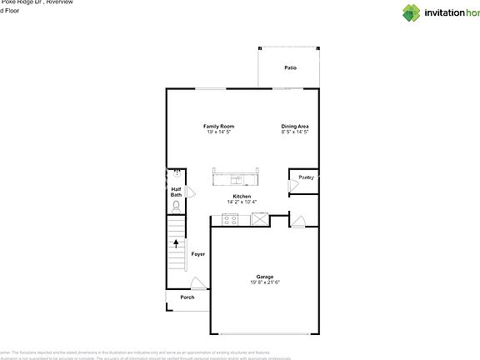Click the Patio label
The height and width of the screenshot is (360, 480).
tap(290, 67)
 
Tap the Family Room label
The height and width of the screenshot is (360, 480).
tap(218, 126)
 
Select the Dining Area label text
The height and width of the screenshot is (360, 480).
tap(295, 126)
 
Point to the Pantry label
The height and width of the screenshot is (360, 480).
tap(306, 177)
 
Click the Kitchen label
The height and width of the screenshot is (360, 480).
tap(242, 196)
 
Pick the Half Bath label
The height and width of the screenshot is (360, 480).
tap(176, 192)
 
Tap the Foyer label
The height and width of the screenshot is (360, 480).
tap(198, 253)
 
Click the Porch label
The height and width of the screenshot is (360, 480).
tap(187, 297)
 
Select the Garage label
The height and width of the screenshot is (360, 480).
tap(265, 277)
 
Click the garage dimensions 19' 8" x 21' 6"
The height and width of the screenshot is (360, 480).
tap(265, 282)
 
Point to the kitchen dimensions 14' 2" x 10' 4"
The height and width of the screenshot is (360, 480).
tap(242, 202)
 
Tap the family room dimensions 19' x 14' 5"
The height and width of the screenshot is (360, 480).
tap(218, 132)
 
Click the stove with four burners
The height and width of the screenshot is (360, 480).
tap(229, 220)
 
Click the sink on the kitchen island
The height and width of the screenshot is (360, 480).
tap(237, 179)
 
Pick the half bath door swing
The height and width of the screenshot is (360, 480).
tap(192, 192)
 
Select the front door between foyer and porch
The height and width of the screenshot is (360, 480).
tap(197, 283)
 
